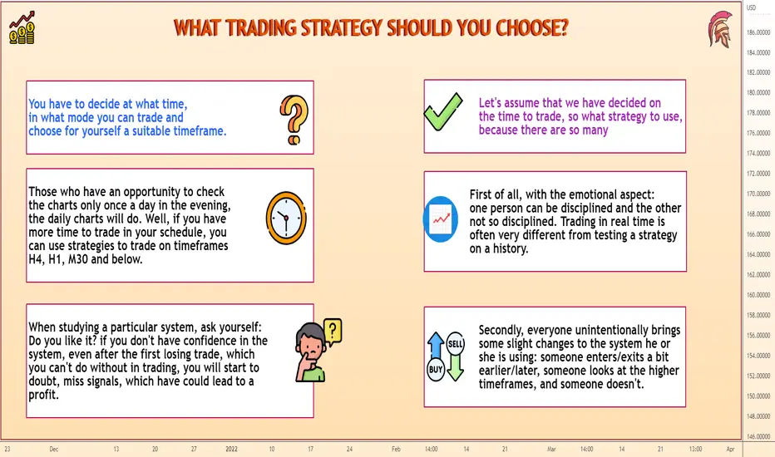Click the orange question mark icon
pos(294,120)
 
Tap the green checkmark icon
pos(443,111)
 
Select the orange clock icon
pos(286,218)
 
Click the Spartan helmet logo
pos(719,29)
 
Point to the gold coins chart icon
pos(22,27)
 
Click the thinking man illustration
pos(318,351)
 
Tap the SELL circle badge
pos(455,344)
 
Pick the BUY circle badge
pos(436,370)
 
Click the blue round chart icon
pos(441,219)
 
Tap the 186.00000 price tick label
pos(758,32)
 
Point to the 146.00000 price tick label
pos(758,437)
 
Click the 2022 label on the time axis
pos(231,449)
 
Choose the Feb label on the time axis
pos(396,449)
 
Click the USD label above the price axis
pos(751,8)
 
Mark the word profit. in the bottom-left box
pos(43,395)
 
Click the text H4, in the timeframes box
pos(37,259)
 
